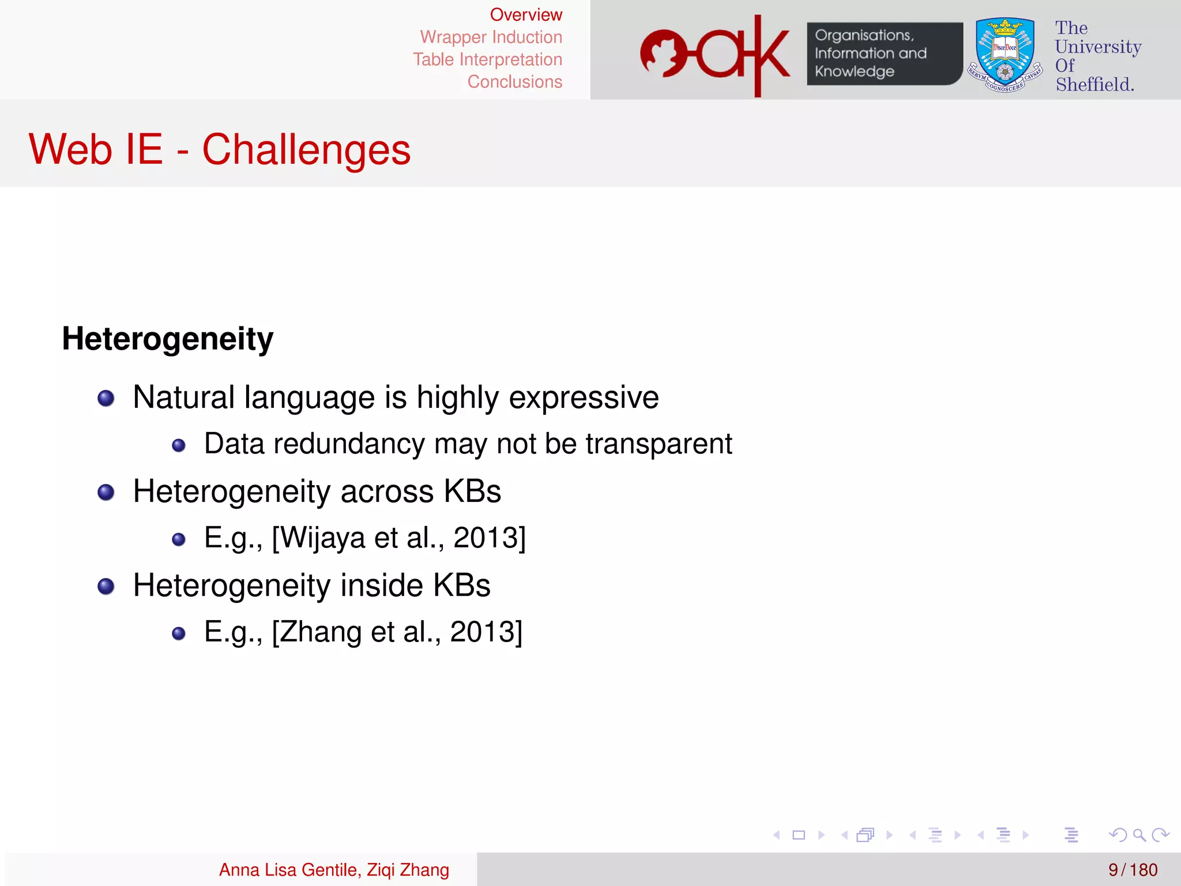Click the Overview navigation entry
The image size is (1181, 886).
525,14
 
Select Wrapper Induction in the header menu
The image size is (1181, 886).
491,37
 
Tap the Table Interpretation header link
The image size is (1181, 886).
487,59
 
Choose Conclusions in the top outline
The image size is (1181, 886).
514,82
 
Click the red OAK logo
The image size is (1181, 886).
715,55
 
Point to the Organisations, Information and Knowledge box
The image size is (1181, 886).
883,54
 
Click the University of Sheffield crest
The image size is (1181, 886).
1005,55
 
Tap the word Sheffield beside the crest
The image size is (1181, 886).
1095,85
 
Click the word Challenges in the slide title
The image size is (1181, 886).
306,150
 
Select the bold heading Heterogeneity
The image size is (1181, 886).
168,339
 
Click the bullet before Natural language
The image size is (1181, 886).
106,398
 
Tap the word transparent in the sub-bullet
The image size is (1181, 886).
659,444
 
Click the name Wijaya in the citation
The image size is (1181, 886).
324,538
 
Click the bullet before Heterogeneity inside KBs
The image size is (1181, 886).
106,587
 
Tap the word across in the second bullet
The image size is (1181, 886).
386,491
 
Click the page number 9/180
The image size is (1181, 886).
1133,870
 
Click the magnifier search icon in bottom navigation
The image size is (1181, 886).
1139,835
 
